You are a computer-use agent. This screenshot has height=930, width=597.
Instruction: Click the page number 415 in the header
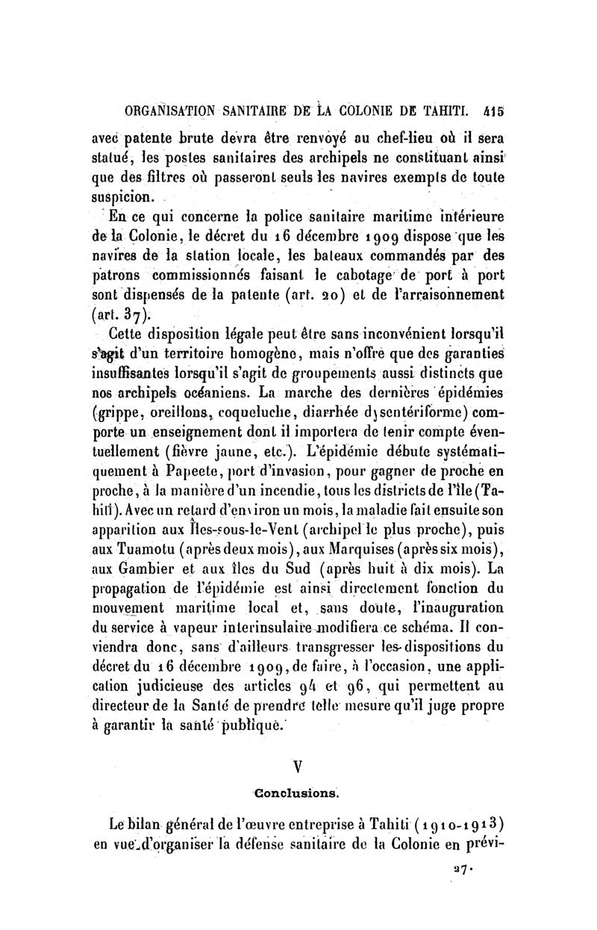tap(494, 113)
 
